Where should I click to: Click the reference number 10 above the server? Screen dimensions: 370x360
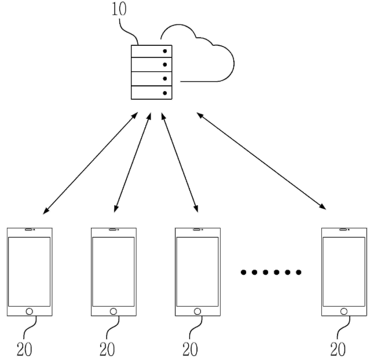point(119,9)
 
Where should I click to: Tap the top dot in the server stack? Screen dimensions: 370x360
point(165,51)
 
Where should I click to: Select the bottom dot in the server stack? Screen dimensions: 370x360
point(165,93)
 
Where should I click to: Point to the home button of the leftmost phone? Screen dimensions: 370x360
point(30,311)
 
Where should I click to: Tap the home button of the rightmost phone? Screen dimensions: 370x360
point(344,311)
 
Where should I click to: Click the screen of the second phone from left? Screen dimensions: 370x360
point(113,272)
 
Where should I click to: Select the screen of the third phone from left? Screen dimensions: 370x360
point(197,272)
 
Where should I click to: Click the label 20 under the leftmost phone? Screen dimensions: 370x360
point(24,349)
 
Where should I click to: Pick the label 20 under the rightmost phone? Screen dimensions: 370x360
point(338,349)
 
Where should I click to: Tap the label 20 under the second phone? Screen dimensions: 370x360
point(107,349)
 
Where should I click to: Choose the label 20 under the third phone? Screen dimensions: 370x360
point(190,349)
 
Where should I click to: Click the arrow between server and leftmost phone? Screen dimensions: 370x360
point(90,163)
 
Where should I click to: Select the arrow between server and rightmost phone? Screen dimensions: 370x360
point(261,161)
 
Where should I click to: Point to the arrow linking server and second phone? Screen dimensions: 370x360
point(133,162)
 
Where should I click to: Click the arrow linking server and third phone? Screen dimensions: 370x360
point(179,162)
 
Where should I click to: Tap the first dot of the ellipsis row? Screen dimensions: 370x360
point(243,272)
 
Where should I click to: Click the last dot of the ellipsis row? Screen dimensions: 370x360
point(299,272)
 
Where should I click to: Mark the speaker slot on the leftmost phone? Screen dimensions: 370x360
point(29,230)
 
